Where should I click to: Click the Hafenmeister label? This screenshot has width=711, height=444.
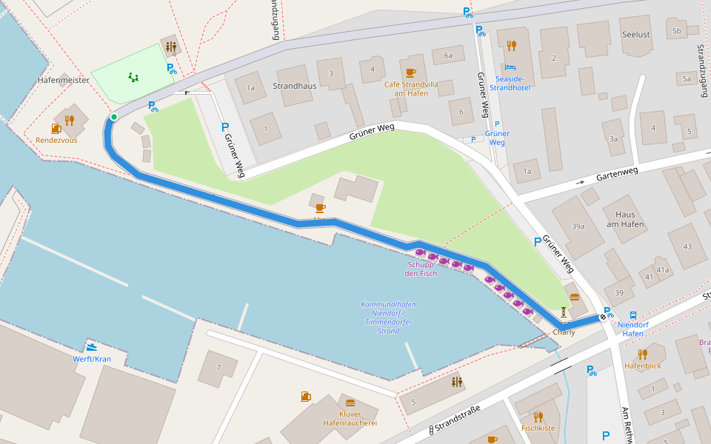tap(64, 80)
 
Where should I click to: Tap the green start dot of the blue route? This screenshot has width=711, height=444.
tap(113, 117)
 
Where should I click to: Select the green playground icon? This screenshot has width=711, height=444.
tap(133, 76)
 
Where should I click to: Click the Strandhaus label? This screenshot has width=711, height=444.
tap(295, 86)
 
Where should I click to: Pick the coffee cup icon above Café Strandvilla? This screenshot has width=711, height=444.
tap(411, 73)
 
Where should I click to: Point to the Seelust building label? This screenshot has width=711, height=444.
tap(637, 35)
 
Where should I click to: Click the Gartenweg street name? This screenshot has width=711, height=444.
tap(617, 172)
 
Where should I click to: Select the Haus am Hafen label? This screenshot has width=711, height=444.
tap(625, 220)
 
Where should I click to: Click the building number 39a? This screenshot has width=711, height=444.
tap(578, 226)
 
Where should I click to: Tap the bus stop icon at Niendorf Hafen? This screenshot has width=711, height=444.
tap(633, 314)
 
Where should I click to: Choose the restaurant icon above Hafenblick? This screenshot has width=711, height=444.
tap(642, 354)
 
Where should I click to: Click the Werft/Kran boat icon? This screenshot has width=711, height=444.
tap(92, 347)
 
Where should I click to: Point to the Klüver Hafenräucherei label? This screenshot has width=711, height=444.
tap(350, 418)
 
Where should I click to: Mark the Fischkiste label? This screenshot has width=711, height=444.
tap(538, 428)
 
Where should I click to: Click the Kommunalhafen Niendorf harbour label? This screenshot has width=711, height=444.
tap(388, 317)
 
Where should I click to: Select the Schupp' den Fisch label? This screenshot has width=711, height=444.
tap(421, 269)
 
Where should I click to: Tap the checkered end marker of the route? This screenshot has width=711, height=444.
tap(603, 317)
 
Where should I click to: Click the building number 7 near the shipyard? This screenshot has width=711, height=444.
tap(218, 368)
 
